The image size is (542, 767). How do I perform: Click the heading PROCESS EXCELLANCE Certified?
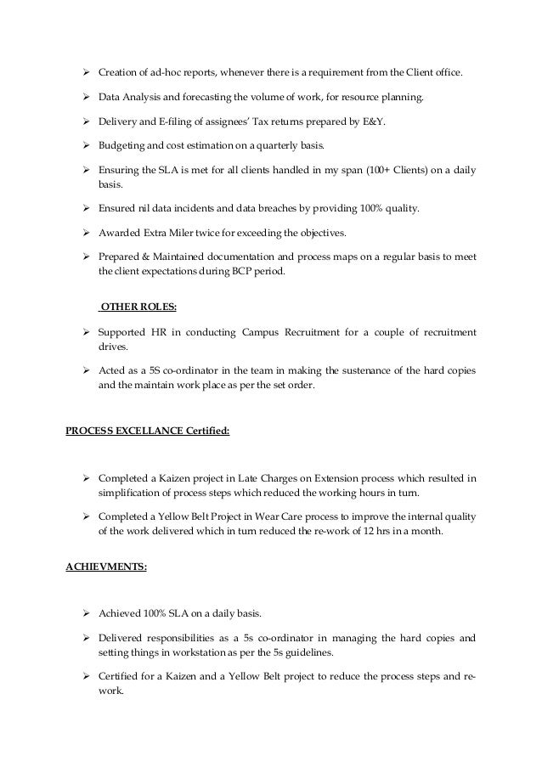(148, 431)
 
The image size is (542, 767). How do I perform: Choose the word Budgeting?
(125, 145)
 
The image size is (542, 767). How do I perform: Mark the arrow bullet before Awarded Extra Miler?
(88, 232)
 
